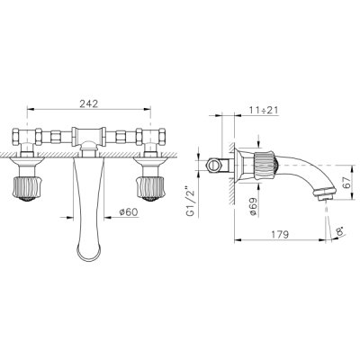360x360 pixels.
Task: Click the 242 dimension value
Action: pos(89,103)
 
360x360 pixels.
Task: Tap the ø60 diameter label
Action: pos(129,212)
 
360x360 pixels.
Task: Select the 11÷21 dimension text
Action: pos(264,110)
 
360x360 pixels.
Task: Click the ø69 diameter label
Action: pos(252,206)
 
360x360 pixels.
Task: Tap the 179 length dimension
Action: pos(279,234)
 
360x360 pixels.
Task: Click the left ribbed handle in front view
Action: pos(27,188)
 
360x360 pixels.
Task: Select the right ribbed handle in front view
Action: pos(150,188)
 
